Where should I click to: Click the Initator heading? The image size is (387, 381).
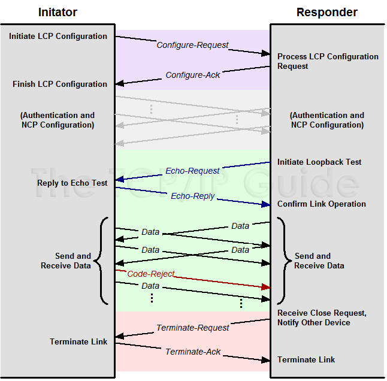click(x=58, y=12)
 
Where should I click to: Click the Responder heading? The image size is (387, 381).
click(x=327, y=12)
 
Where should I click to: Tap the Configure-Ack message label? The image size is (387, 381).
click(x=193, y=75)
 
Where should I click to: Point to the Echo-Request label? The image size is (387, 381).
click(x=192, y=171)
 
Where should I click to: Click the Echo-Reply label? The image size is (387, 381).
click(x=192, y=196)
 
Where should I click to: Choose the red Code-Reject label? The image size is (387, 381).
click(x=151, y=274)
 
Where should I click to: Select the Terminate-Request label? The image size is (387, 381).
click(x=193, y=328)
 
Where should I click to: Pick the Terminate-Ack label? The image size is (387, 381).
click(x=193, y=352)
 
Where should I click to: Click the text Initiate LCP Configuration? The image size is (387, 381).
click(x=58, y=37)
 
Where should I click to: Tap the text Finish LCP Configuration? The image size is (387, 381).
click(x=60, y=84)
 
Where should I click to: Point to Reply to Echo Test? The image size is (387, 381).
click(x=72, y=183)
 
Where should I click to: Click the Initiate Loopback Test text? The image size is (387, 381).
click(x=319, y=162)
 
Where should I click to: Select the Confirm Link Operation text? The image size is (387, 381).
click(x=322, y=204)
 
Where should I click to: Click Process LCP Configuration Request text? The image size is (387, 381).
click(x=328, y=61)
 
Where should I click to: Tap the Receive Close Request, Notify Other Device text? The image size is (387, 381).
click(x=322, y=318)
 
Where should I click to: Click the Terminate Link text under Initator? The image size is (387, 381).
click(x=78, y=342)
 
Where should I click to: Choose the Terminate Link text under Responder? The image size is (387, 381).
click(x=306, y=360)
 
